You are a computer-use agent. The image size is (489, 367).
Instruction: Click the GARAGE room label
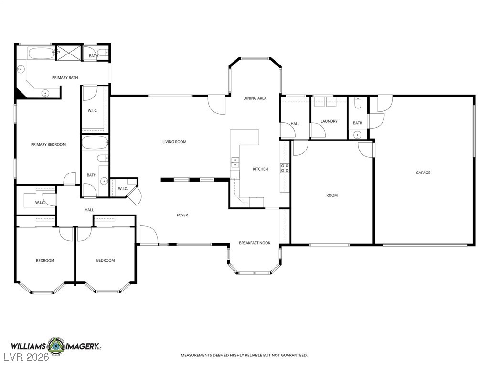pyautogui.click(x=423, y=173)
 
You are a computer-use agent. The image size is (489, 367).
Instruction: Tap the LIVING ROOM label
pyautogui.click(x=174, y=142)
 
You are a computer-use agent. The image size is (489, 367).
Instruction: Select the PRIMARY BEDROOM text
pyautogui.click(x=48, y=144)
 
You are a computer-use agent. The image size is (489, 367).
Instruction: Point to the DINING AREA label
pyautogui.click(x=255, y=98)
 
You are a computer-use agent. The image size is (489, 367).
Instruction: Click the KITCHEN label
pyautogui.click(x=260, y=169)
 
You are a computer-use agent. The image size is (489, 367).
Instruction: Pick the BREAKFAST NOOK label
pyautogui.click(x=255, y=243)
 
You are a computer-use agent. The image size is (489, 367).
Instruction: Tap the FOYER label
pyautogui.click(x=182, y=215)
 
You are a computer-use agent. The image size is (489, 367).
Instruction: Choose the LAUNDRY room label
pyautogui.click(x=329, y=121)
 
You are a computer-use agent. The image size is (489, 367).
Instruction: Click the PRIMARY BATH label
pyautogui.click(x=65, y=78)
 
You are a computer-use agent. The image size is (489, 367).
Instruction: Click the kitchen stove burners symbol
pyautogui.click(x=285, y=168)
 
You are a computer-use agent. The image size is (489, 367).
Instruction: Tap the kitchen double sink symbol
pyautogui.click(x=235, y=163)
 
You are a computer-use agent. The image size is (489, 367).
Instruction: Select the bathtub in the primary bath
pyautogui.click(x=41, y=54)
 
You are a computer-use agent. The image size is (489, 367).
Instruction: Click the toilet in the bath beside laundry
pyautogui.click(x=358, y=103)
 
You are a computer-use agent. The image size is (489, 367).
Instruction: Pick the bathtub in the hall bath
pyautogui.click(x=95, y=143)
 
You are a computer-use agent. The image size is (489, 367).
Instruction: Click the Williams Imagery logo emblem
pyautogui.click(x=56, y=346)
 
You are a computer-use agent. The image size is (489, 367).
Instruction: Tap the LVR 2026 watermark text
pyautogui.click(x=26, y=356)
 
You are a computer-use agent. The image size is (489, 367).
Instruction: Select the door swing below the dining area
pyautogui.click(x=216, y=105)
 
